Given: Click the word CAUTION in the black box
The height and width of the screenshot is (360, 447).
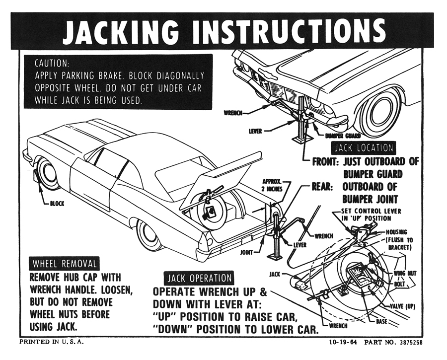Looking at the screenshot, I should tap(52, 64).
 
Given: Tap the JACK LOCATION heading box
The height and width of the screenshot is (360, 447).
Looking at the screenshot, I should tap(364, 148).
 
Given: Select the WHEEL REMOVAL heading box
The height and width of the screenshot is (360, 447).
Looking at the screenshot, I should tap(65, 263).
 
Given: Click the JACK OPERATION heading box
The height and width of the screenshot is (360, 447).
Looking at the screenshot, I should tap(199, 278).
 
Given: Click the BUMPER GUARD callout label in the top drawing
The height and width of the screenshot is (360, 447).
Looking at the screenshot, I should tap(342, 135).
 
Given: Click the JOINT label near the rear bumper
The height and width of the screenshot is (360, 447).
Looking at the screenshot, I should tap(247, 252).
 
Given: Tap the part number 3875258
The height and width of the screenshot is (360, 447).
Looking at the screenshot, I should tap(409, 343).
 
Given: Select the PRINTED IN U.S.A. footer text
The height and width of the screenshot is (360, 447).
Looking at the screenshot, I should tap(51, 342).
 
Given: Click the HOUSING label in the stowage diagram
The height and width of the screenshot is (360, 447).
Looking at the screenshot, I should tap(396, 232).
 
